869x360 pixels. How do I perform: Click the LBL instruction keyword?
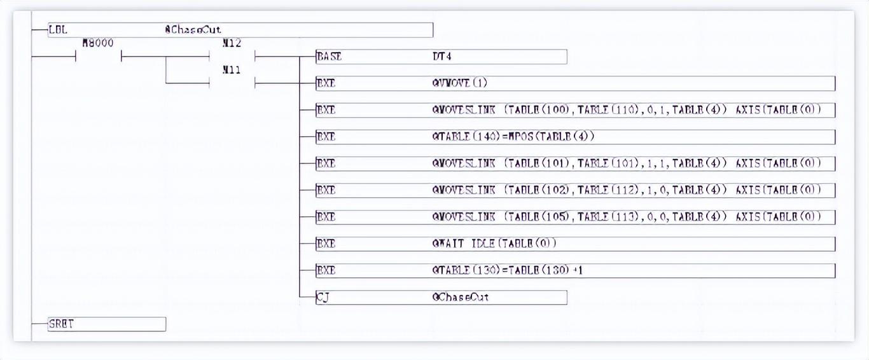click(58, 29)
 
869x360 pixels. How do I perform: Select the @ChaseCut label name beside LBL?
click(193, 29)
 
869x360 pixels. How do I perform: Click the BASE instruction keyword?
click(329, 57)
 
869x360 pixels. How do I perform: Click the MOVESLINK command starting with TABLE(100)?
click(626, 110)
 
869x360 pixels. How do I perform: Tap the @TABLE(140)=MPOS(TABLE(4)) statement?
click(513, 137)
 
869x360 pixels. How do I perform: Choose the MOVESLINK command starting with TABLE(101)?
click(626, 163)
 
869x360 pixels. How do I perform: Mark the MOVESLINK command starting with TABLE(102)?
click(626, 190)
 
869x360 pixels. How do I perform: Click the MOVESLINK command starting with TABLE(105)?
click(626, 217)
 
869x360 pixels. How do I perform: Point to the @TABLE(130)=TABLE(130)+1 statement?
click(507, 270)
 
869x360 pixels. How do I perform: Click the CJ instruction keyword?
click(323, 297)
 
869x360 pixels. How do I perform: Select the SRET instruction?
click(61, 324)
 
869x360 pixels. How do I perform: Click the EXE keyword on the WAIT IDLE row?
click(326, 244)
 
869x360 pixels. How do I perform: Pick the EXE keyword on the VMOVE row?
click(326, 83)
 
